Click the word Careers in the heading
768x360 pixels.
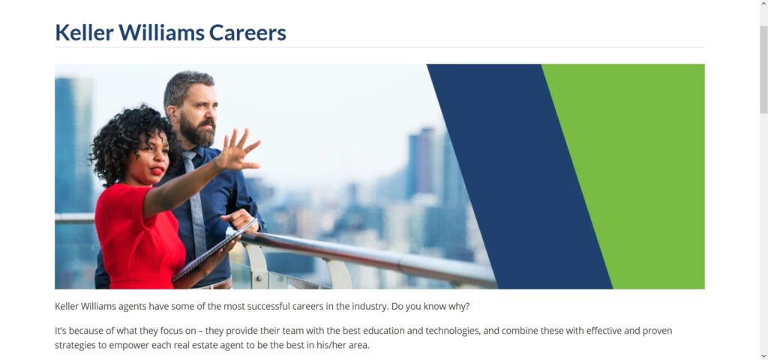[x=247, y=33]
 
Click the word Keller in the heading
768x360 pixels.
[x=84, y=32]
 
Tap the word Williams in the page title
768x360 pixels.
[x=161, y=32]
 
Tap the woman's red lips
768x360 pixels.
[x=157, y=171]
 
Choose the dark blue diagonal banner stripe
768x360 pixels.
[x=519, y=176]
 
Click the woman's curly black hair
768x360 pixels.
[x=130, y=142]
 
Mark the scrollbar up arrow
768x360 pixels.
[x=763, y=4]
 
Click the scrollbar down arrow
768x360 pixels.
[x=763, y=356]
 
